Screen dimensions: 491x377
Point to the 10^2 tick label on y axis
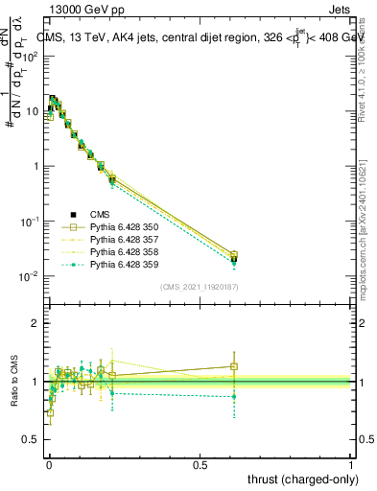[x=31, y=56]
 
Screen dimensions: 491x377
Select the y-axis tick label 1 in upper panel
[x=36, y=166]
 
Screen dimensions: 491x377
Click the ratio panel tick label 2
[x=36, y=323]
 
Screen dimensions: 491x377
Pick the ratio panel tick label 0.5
[x=31, y=440]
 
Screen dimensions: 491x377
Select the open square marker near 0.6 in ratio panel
[x=234, y=366]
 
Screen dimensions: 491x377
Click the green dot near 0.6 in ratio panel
[x=234, y=396]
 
